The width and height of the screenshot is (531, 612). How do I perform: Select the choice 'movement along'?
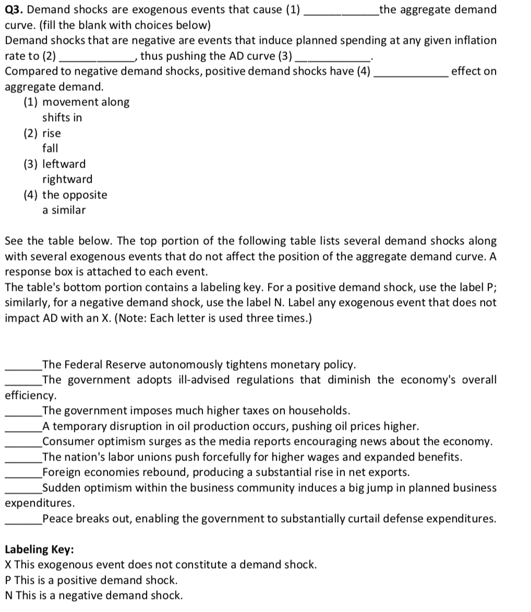(x=86, y=102)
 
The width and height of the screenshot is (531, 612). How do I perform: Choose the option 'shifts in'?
(x=62, y=118)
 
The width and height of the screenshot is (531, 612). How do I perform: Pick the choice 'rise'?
(x=51, y=133)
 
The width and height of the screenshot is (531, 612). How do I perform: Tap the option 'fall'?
(x=50, y=148)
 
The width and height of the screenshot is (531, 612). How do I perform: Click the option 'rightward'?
(x=67, y=179)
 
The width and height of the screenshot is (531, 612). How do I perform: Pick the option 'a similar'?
(x=64, y=210)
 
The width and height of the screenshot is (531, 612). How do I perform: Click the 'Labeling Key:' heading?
(x=39, y=549)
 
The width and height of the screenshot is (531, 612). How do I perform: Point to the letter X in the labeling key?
(x=8, y=564)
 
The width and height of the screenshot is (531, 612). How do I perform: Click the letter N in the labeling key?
(x=9, y=595)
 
